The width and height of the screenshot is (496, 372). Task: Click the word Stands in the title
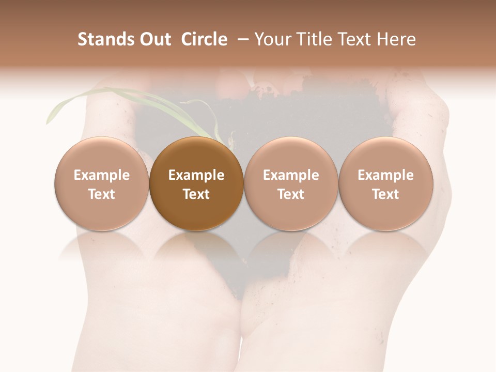[x=105, y=39]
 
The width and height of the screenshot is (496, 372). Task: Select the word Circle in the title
[x=204, y=39]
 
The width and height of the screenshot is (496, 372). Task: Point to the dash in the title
[x=241, y=39]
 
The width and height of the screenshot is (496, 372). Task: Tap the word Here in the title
[x=396, y=39]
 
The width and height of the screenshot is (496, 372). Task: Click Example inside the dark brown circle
[x=196, y=175]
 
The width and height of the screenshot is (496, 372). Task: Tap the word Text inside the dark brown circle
[x=196, y=194]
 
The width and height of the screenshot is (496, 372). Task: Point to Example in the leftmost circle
[x=102, y=175]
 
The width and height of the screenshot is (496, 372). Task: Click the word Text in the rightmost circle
[x=385, y=194]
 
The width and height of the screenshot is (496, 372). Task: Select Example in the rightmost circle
[x=385, y=175]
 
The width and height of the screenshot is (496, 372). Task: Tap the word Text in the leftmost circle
[x=102, y=194]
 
